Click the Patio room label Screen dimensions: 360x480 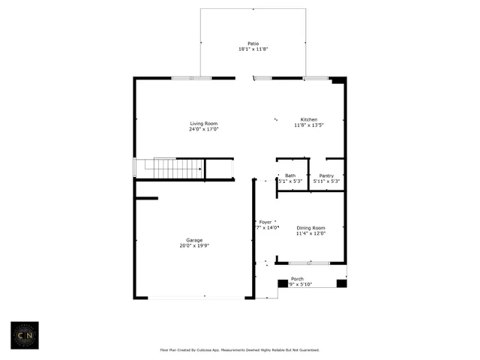pos(253,43)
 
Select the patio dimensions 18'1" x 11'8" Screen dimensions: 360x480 pos(253,49)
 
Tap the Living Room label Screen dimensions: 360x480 pos(203,123)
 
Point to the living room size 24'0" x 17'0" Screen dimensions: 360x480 pos(203,129)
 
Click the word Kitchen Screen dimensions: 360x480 pos(309,120)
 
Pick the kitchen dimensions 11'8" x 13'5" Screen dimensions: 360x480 pos(309,126)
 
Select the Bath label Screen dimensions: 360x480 pos(289,175)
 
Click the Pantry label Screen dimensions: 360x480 pos(326,175)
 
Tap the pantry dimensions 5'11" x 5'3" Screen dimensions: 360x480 pos(326,181)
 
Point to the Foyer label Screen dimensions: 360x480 pos(265,222)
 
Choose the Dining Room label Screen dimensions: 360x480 pos(310,228)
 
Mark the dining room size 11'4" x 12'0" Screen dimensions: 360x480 pos(310,234)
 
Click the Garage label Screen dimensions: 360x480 pos(193,240)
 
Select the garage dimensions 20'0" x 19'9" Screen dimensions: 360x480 pos(193,246)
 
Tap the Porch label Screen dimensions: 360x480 pos(297,278)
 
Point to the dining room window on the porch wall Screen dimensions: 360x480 pos(309,263)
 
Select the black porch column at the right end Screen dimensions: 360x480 pos(341,283)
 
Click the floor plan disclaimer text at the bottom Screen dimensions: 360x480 pos(240,349)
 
